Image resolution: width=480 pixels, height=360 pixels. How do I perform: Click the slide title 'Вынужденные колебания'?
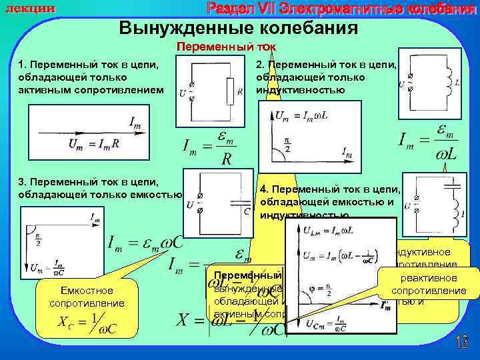tap(238, 29)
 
